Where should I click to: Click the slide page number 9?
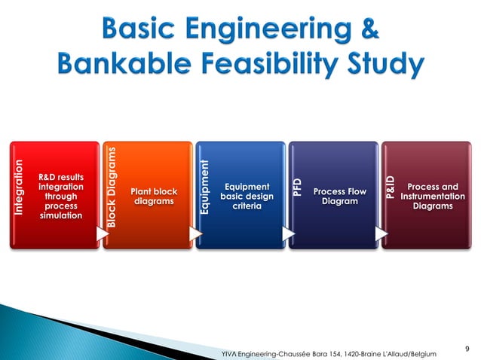click(x=468, y=347)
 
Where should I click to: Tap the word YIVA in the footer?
click(x=226, y=353)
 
